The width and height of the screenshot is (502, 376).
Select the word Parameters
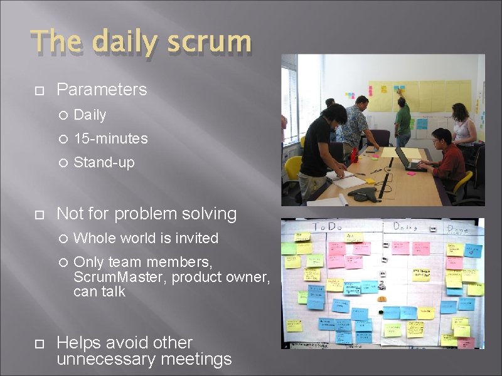pos(102,90)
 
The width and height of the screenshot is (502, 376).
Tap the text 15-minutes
pos(110,138)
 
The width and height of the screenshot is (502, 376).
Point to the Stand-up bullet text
pos(104,162)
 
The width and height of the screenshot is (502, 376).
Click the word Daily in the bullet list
pos(90,115)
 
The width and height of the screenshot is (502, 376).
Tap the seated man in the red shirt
pos(447,156)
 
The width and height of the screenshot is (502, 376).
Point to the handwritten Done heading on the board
pos(458,229)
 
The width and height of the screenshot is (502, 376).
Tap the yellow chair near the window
pos(292,169)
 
